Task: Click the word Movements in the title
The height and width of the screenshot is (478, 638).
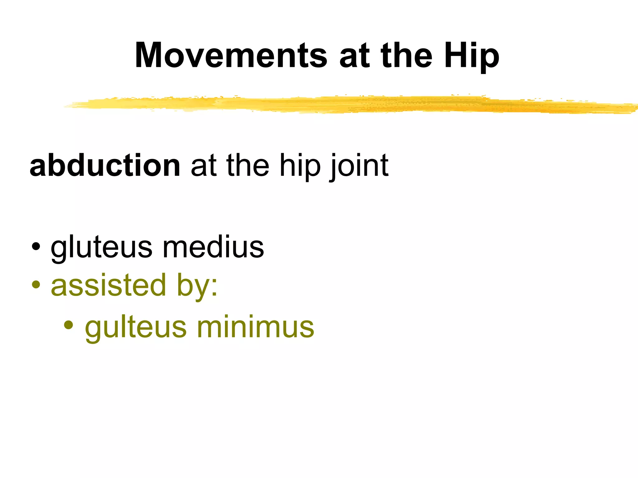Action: pos(231,56)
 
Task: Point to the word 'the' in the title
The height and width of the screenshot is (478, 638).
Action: pos(406,56)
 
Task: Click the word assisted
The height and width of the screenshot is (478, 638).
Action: pos(108,285)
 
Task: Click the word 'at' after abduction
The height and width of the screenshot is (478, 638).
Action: pos(203,166)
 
